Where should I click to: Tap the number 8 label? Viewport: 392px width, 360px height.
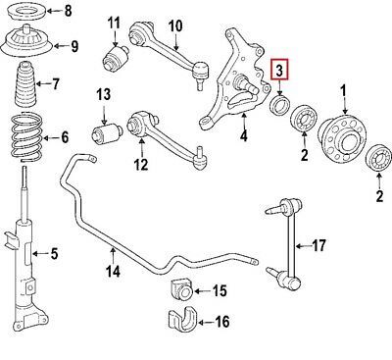(68, 11)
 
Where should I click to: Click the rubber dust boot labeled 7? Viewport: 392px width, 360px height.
(25, 86)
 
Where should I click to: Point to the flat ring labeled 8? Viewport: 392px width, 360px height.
(26, 12)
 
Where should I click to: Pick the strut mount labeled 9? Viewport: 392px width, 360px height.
(25, 42)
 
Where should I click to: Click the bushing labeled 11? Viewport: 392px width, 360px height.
(115, 59)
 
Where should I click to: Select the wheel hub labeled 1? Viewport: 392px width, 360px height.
(342, 139)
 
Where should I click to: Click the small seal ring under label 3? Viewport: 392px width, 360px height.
(279, 104)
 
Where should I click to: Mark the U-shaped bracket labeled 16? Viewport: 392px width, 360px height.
(180, 318)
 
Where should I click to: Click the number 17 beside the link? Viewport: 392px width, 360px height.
(318, 245)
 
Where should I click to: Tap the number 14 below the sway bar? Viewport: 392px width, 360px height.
(113, 271)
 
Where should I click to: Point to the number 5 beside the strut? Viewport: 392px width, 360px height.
(53, 254)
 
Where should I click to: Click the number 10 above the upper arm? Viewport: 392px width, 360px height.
(175, 26)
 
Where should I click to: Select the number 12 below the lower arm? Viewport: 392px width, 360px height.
(141, 164)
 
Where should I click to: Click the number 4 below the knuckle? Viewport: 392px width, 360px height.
(244, 135)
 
